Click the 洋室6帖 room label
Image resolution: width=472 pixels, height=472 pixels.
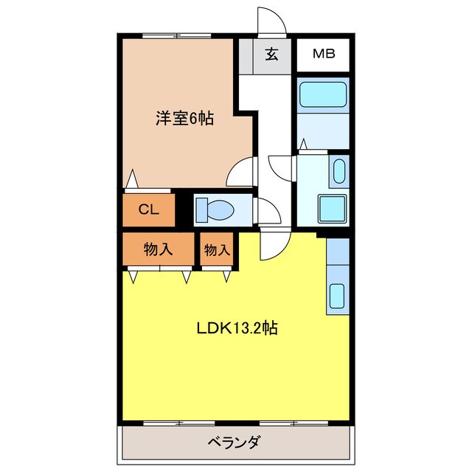(x=184, y=118)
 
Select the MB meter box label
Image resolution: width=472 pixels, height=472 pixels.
(x=323, y=53)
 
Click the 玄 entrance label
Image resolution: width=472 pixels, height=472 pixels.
(x=271, y=55)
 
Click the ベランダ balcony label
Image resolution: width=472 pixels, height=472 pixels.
(x=232, y=443)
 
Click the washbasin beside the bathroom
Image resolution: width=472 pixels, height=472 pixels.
(x=338, y=172)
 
